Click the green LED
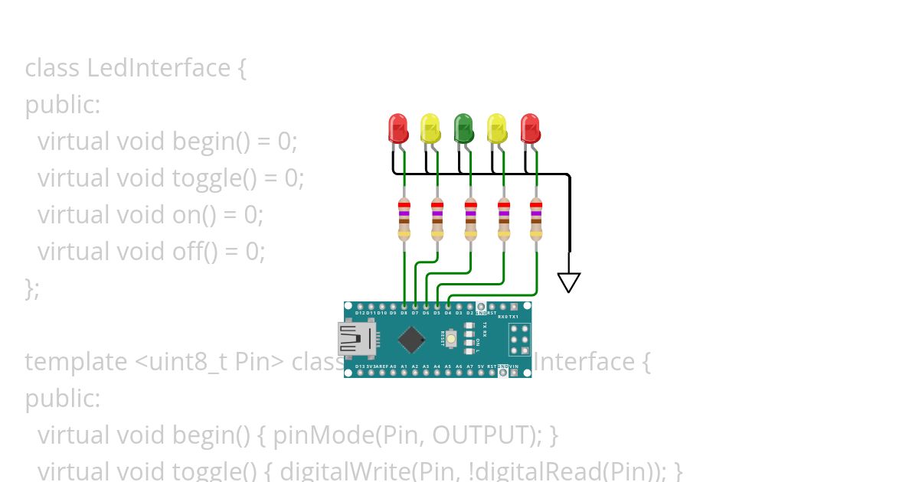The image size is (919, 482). click(x=463, y=129)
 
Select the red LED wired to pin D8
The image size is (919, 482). click(x=397, y=129)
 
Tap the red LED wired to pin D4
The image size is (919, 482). click(x=530, y=129)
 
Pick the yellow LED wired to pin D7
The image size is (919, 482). click(x=430, y=129)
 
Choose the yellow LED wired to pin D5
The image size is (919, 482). click(x=497, y=129)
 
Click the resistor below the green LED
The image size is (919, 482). click(x=470, y=220)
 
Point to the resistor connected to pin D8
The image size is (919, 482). click(x=404, y=220)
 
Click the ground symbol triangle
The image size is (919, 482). click(x=568, y=282)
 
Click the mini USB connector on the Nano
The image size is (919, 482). click(x=357, y=340)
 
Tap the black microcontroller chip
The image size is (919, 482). click(x=412, y=340)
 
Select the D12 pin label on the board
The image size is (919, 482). click(x=360, y=313)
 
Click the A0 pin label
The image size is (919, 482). click(x=393, y=367)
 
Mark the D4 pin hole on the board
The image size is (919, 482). click(x=448, y=306)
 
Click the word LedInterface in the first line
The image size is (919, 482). click(x=158, y=68)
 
